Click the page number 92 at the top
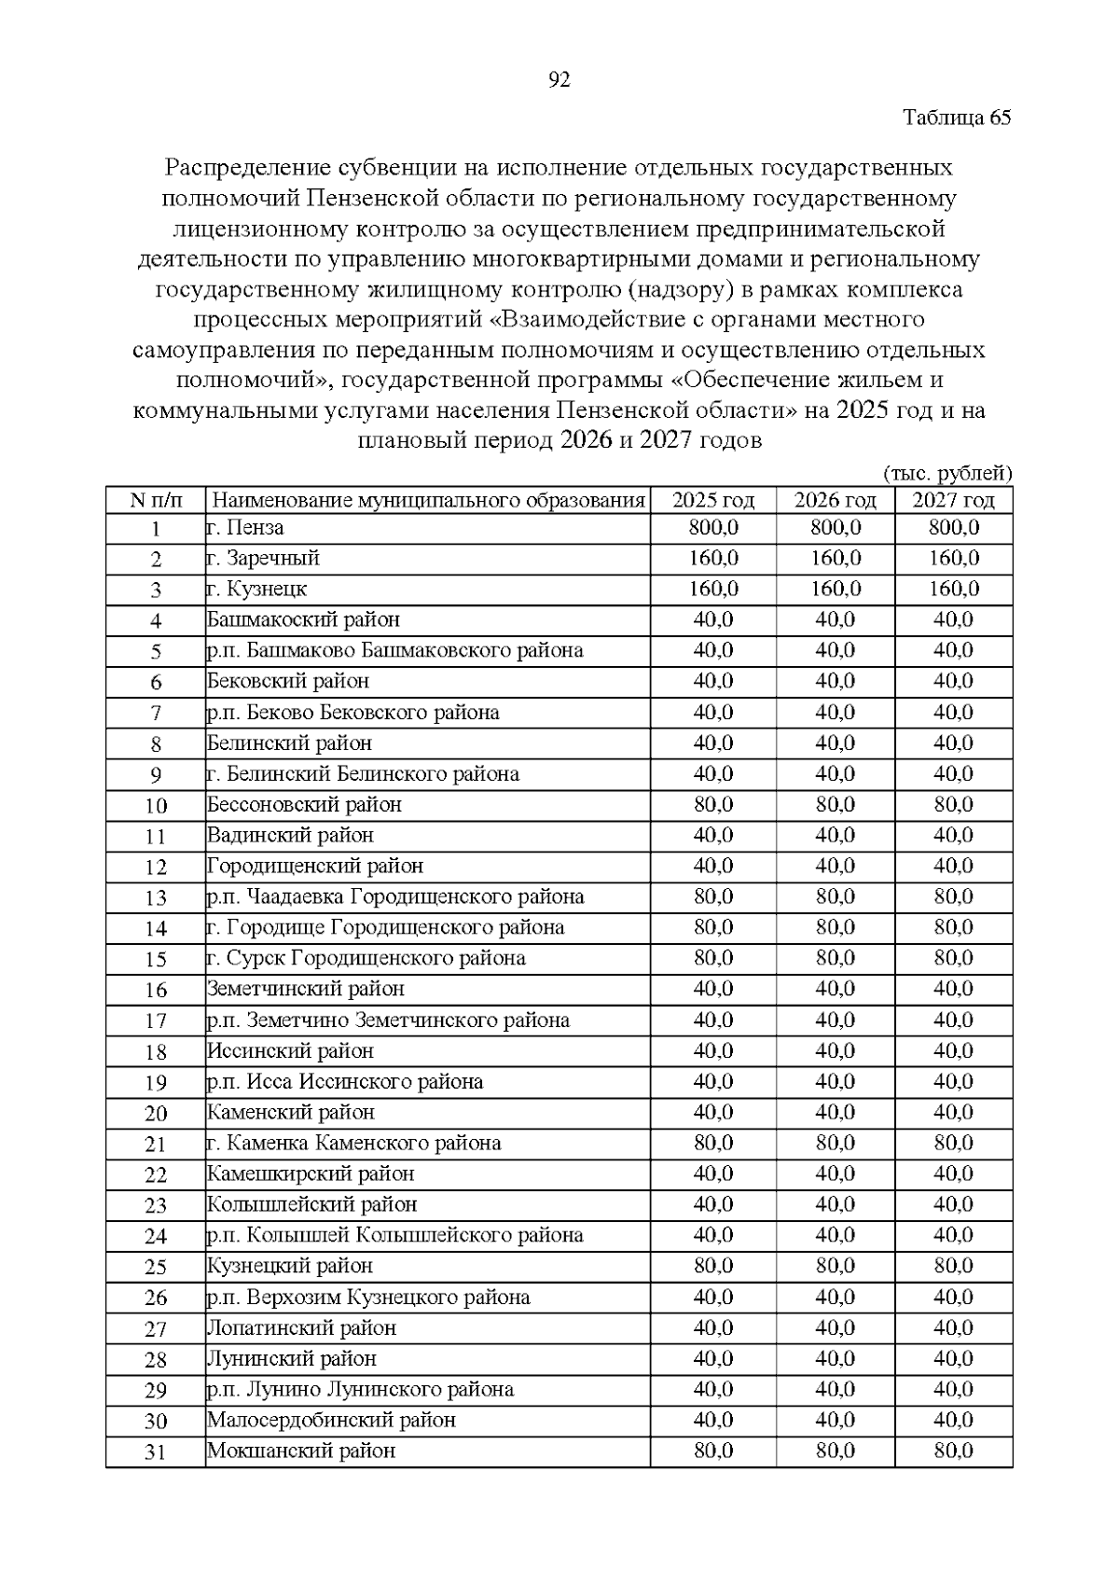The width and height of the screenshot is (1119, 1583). [x=559, y=80]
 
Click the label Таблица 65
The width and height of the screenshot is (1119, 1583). [x=957, y=118]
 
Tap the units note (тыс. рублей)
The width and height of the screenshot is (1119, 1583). [x=946, y=473]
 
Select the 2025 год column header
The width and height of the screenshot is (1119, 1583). [x=713, y=500]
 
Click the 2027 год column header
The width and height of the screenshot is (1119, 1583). [x=953, y=500]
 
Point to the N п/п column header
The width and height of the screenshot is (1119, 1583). [x=156, y=501]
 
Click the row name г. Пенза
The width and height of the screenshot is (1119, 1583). [x=245, y=528]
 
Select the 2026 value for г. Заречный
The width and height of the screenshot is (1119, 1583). [x=836, y=559]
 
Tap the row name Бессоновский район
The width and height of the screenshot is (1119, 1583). [x=304, y=804]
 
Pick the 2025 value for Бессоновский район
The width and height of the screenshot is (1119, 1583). [x=713, y=804]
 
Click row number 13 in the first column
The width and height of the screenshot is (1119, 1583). [x=156, y=897]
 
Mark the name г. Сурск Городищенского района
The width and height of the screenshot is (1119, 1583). [x=366, y=958]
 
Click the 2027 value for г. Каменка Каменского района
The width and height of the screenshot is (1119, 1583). [x=953, y=1143]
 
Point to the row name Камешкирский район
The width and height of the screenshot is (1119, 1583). [x=311, y=1173]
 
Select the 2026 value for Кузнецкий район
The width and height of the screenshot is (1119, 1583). [x=836, y=1266]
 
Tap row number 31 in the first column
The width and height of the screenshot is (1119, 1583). [x=156, y=1451]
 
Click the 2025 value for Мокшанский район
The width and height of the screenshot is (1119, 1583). [x=713, y=1451]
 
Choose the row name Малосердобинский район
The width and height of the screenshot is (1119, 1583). [x=331, y=1420]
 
